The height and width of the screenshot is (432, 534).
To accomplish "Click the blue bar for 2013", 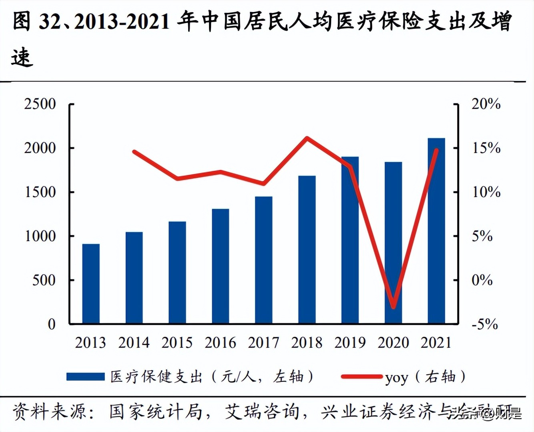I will coord(91,283).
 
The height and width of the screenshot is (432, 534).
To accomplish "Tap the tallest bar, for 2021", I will coord(436,230).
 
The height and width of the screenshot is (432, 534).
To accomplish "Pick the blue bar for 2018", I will coord(307,249).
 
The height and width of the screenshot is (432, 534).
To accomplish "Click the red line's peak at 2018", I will coord(307,138).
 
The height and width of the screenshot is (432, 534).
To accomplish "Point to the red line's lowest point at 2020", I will coord(393,307).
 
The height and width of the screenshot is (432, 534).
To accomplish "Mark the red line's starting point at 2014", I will coord(134,152).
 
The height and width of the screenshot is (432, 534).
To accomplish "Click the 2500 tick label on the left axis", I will coord(40,104).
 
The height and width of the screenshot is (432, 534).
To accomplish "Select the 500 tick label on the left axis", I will coord(44,280).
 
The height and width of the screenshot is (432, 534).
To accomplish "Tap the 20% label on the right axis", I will coord(486,104).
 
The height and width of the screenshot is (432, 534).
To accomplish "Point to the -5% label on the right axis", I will coord(485,324).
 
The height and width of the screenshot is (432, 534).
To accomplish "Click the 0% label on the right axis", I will coord(482,280).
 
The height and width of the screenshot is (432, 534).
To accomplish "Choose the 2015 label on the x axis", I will coord(177,343).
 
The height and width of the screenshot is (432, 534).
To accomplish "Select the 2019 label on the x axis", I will coord(350,343).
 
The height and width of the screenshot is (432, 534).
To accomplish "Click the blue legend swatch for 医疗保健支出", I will coord(85,377).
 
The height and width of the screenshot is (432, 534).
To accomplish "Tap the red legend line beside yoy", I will coord(361,377).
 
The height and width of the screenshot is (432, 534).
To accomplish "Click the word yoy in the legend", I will coord(396,378).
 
